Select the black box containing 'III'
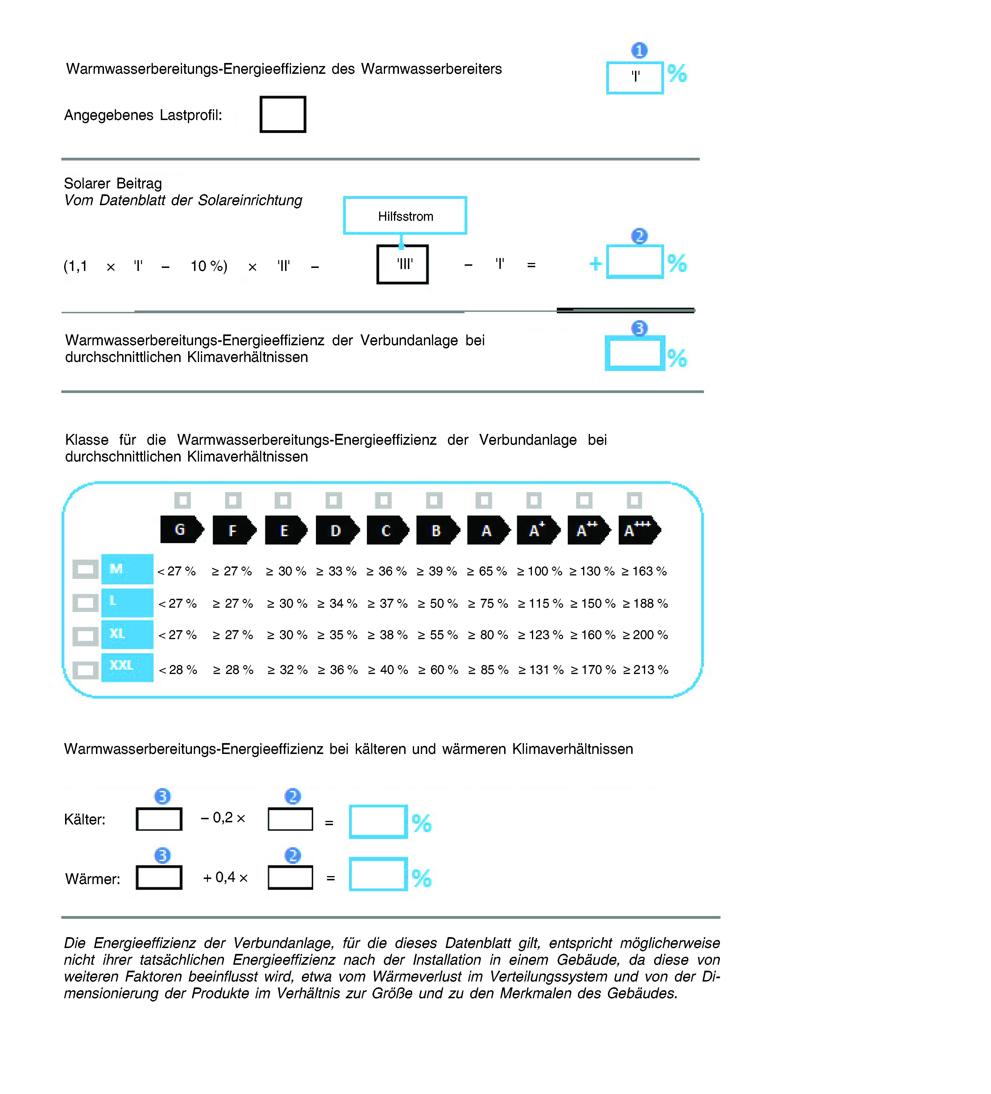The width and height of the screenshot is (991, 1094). click(402, 264)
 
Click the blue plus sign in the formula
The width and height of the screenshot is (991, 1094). click(596, 264)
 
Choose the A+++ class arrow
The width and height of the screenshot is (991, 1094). click(639, 530)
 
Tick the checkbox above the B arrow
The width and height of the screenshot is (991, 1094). click(434, 500)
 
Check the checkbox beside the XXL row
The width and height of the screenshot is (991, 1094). click(85, 670)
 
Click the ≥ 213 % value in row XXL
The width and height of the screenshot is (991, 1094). click(646, 670)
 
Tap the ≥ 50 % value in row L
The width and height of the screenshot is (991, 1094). click(438, 603)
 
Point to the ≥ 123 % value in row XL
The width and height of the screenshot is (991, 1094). click(540, 635)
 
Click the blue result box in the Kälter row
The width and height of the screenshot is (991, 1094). click(378, 822)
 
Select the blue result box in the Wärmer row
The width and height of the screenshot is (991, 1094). click(378, 874)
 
